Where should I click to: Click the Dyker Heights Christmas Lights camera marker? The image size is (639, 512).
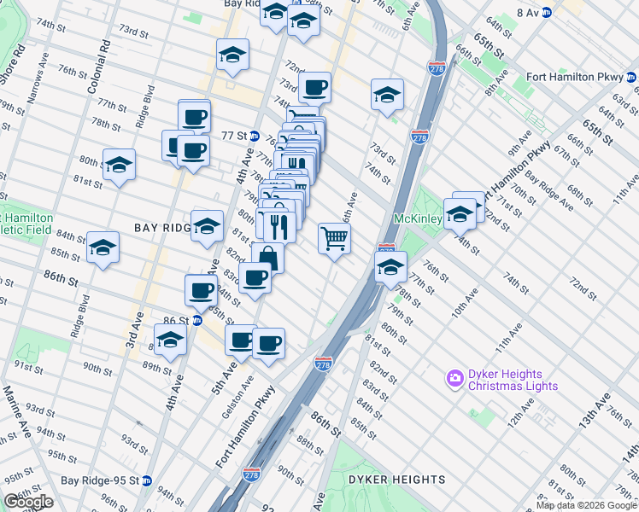[x=454, y=376]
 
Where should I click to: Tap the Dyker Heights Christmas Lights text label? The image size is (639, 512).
[x=513, y=381]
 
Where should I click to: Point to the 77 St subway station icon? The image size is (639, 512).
[x=255, y=136]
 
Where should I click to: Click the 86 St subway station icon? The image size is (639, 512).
[x=196, y=321]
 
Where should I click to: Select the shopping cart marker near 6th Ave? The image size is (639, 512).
[x=334, y=238]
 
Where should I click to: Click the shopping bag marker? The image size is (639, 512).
[x=267, y=258]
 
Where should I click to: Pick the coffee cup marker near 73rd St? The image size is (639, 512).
[x=314, y=87]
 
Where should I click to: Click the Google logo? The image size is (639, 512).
[x=28, y=502]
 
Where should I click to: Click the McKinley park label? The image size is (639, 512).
[x=416, y=218]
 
